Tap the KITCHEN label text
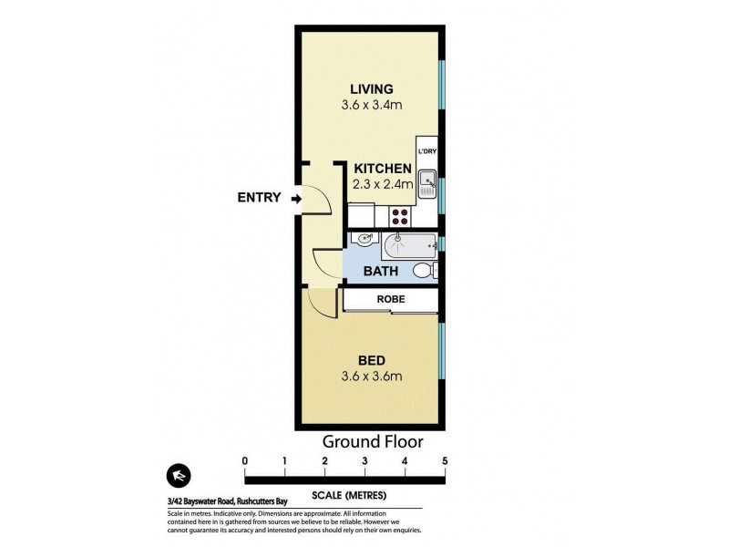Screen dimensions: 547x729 383,169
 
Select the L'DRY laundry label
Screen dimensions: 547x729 426,151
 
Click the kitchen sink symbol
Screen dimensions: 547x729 427,181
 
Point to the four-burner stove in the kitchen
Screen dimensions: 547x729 400,216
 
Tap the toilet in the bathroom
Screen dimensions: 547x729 424,271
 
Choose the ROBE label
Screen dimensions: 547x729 391,299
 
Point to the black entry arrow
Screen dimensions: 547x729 297,198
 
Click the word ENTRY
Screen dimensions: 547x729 259,198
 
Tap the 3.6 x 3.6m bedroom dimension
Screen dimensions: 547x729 371,376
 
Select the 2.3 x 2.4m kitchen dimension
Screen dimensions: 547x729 383,183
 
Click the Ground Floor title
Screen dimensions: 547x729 373,442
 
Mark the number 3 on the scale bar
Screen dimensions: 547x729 364,461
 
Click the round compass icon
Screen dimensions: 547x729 179,477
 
